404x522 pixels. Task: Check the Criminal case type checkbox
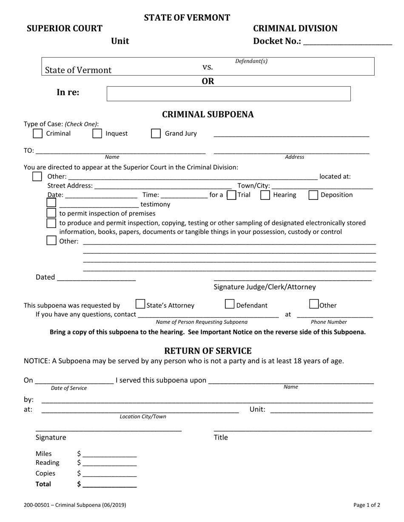click(37, 133)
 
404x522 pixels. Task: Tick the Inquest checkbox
click(97, 133)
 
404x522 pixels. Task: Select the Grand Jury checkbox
click(156, 133)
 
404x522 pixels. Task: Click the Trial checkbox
click(231, 195)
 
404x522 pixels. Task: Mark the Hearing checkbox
click(265, 195)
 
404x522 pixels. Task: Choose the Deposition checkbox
click(313, 195)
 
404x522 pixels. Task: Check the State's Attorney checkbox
click(140, 304)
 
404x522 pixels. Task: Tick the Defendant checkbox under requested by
click(229, 304)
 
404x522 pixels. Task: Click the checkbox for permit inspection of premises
click(51, 213)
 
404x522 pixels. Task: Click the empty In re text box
click(228, 94)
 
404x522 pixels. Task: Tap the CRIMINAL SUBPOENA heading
click(208, 114)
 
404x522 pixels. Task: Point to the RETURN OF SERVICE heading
click(208, 351)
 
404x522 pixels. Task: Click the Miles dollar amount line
click(110, 454)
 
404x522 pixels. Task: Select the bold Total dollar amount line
click(110, 484)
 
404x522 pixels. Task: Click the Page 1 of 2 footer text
click(367, 505)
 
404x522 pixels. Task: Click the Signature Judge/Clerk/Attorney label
click(265, 287)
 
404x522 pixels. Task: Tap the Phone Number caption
click(329, 322)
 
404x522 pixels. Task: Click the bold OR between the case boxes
click(208, 81)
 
